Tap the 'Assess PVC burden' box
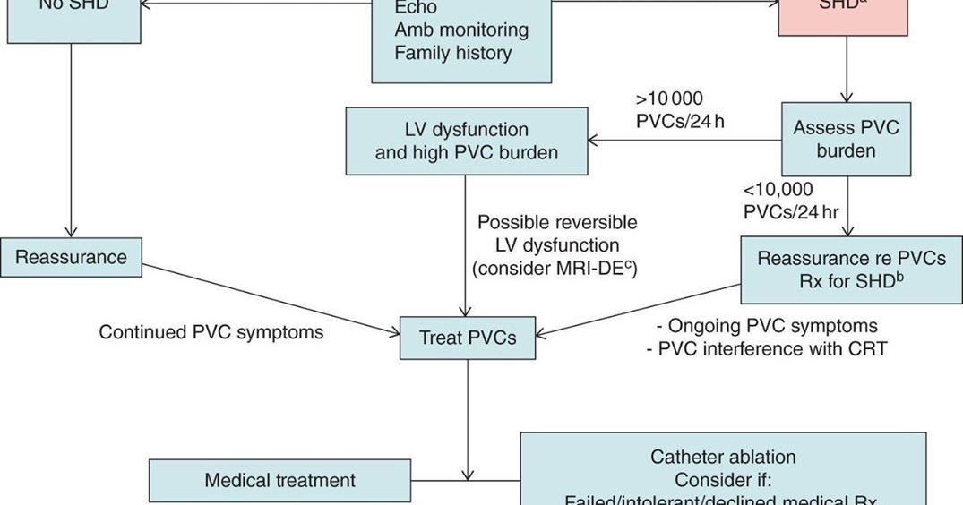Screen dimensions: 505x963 pyautogui.click(x=846, y=140)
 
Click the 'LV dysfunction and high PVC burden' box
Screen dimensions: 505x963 pyautogui.click(x=466, y=141)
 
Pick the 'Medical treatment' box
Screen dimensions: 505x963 pyautogui.click(x=279, y=481)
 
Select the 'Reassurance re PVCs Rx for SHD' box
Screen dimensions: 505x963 pyautogui.click(x=851, y=270)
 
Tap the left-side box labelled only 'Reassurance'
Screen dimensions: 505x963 pyautogui.click(x=72, y=258)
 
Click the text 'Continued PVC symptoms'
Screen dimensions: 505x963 pyautogui.click(x=211, y=332)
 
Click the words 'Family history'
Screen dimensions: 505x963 pyautogui.click(x=453, y=53)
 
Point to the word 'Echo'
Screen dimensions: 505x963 pyautogui.click(x=417, y=7)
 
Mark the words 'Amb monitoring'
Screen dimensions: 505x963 pyautogui.click(x=461, y=30)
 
